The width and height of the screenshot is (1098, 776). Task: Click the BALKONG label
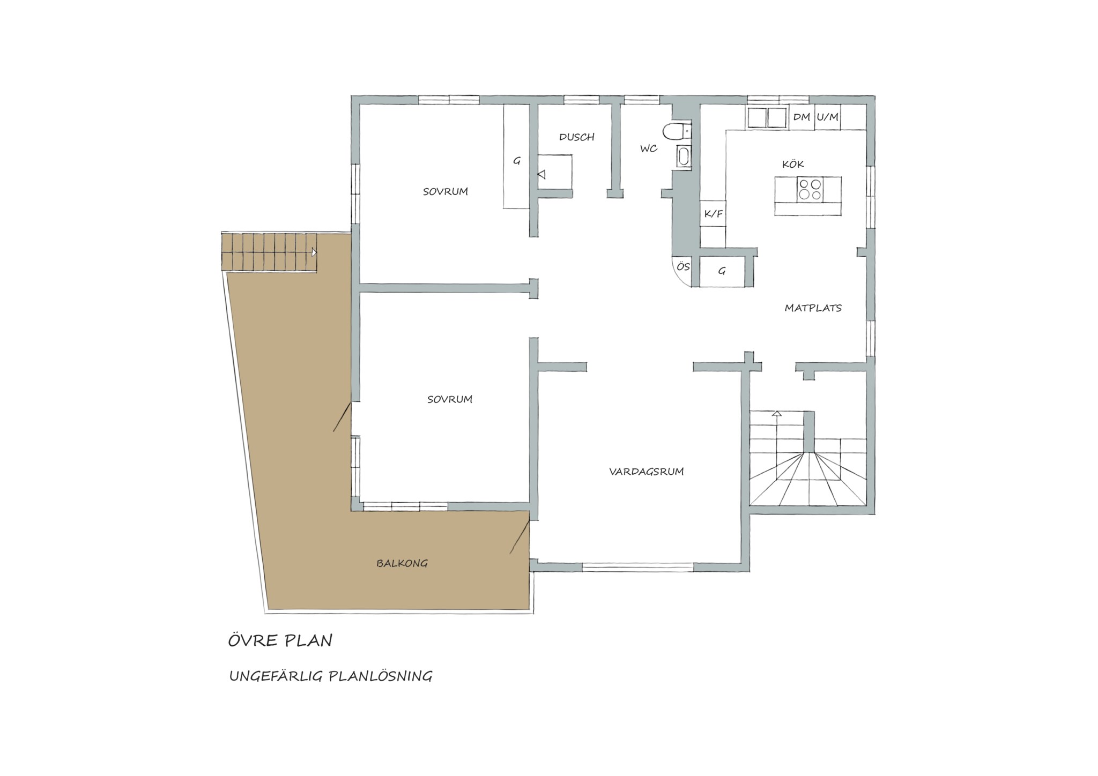(402, 563)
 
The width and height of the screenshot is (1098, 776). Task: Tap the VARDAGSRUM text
(646, 472)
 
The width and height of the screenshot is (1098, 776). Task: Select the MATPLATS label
(813, 308)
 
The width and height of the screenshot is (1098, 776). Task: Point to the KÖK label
(793, 164)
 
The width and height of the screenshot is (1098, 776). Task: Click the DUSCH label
(577, 137)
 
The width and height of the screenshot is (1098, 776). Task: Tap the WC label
(649, 148)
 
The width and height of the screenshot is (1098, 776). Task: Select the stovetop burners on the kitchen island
(809, 189)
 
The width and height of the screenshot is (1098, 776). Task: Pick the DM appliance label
(802, 117)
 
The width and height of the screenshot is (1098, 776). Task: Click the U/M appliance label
(827, 117)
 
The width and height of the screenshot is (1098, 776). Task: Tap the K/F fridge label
(713, 214)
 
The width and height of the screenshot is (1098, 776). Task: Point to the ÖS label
(682, 266)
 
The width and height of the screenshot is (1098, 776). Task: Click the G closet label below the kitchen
(722, 271)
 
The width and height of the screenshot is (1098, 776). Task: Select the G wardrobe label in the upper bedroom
(517, 160)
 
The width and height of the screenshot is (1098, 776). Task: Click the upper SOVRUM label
(445, 191)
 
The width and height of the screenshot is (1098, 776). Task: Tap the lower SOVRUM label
(449, 399)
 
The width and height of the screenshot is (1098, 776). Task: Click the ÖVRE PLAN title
(280, 640)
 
